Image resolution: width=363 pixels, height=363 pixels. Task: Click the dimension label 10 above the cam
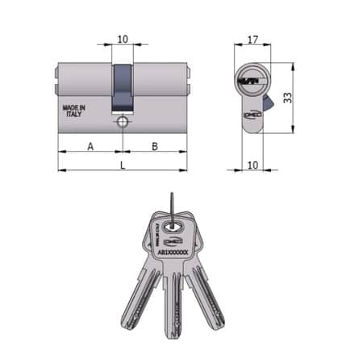click(122, 38)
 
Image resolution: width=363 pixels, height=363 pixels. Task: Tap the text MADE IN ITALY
click(73, 111)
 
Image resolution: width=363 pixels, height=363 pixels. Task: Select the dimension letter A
click(90, 145)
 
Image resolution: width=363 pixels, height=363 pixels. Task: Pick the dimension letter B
click(154, 145)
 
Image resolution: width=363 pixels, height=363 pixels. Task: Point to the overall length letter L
click(122, 165)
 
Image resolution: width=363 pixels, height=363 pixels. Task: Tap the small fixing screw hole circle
click(122, 123)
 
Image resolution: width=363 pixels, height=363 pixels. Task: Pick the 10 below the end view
click(252, 164)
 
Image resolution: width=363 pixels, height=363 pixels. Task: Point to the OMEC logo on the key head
click(173, 240)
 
